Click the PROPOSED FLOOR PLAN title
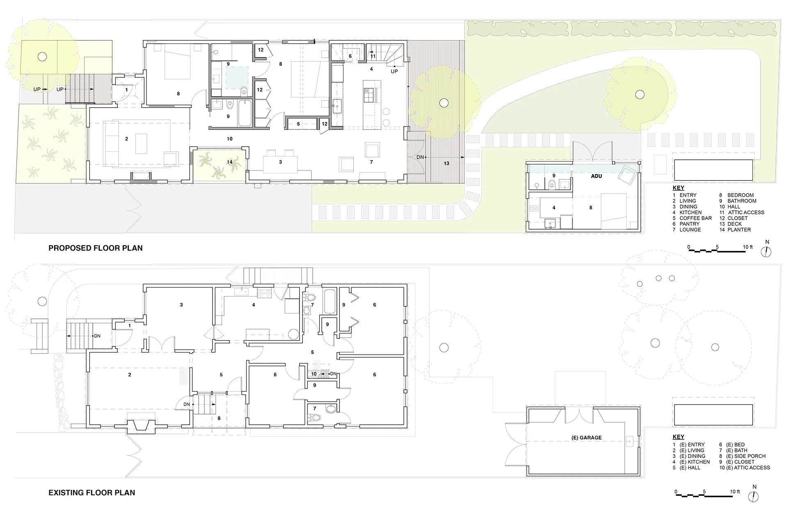96,248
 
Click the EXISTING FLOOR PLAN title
92,493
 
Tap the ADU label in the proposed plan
596,176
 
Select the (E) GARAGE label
586,438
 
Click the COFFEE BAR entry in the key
696,218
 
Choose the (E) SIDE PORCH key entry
746,456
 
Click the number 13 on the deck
447,163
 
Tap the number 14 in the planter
230,162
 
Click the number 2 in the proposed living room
126,139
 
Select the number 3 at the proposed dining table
280,162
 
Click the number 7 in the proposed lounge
371,162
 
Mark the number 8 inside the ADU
591,208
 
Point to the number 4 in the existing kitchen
254,305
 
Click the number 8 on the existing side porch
219,419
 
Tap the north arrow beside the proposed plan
767,252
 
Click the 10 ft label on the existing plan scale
735,492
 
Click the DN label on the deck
420,157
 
